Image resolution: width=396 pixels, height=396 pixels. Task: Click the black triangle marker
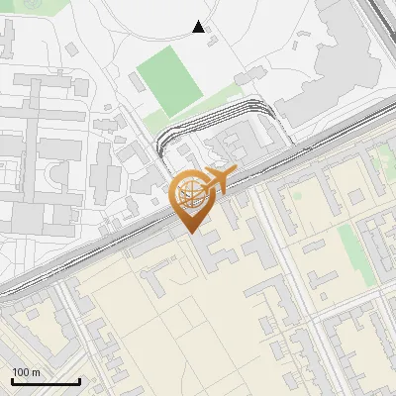pyautogui.click(x=199, y=27)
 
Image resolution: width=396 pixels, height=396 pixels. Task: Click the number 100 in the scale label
pyautogui.click(x=21, y=371)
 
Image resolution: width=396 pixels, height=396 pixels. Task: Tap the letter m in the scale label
pyautogui.click(x=36, y=371)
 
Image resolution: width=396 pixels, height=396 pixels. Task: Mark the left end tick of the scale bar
pyautogui.click(x=12, y=380)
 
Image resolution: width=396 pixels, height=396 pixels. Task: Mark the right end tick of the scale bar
pyautogui.click(x=79, y=380)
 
